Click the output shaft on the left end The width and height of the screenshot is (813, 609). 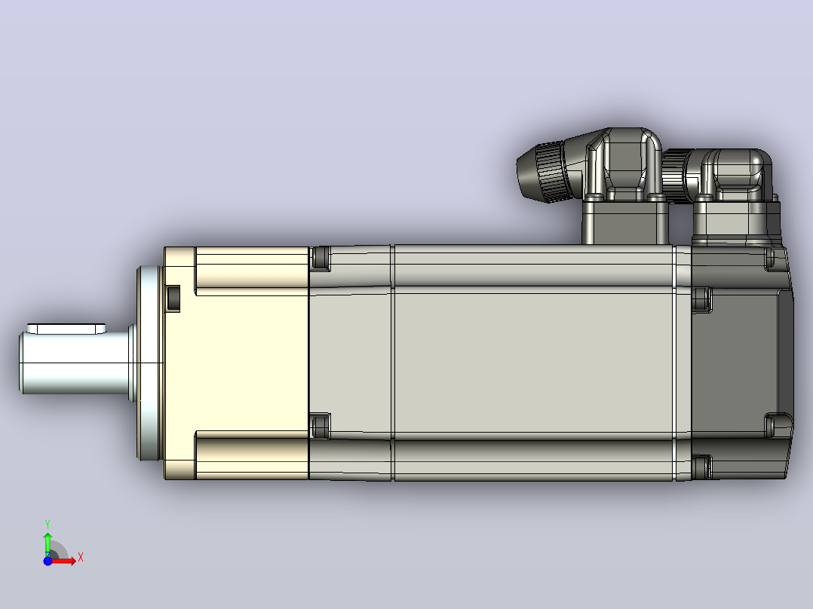coord(75,363)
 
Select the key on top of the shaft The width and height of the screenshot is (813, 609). coord(66,329)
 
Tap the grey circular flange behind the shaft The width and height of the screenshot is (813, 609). coord(150,363)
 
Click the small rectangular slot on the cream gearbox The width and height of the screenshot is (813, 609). coord(173,298)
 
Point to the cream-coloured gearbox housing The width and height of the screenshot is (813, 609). coord(237,363)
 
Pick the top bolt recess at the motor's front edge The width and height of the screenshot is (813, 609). coord(321,258)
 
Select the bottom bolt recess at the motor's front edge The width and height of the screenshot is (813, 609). coord(321,426)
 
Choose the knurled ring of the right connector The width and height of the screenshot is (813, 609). coord(675,174)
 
